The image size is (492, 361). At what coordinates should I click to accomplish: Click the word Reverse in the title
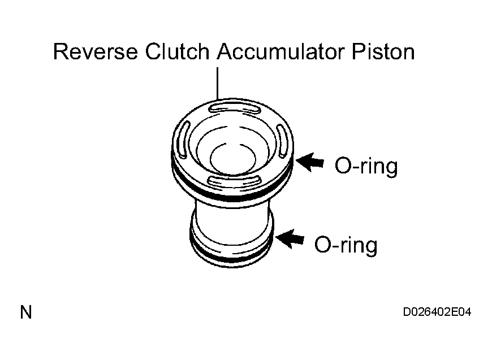(96, 51)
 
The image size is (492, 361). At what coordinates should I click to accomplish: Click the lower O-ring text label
(346, 245)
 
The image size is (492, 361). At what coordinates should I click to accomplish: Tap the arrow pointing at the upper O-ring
(310, 162)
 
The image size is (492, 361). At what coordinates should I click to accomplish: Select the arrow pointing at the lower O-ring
(290, 239)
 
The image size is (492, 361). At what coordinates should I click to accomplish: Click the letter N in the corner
(26, 312)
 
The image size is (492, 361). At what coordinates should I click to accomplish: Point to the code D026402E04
(437, 312)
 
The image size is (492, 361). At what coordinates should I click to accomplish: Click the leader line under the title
(218, 83)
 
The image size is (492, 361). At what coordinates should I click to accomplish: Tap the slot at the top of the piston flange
(234, 108)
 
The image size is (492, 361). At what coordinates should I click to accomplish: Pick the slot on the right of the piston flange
(282, 141)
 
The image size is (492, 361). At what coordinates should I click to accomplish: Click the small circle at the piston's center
(233, 159)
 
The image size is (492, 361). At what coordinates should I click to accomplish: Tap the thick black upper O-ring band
(232, 195)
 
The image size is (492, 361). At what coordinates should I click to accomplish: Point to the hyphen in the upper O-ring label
(354, 167)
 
